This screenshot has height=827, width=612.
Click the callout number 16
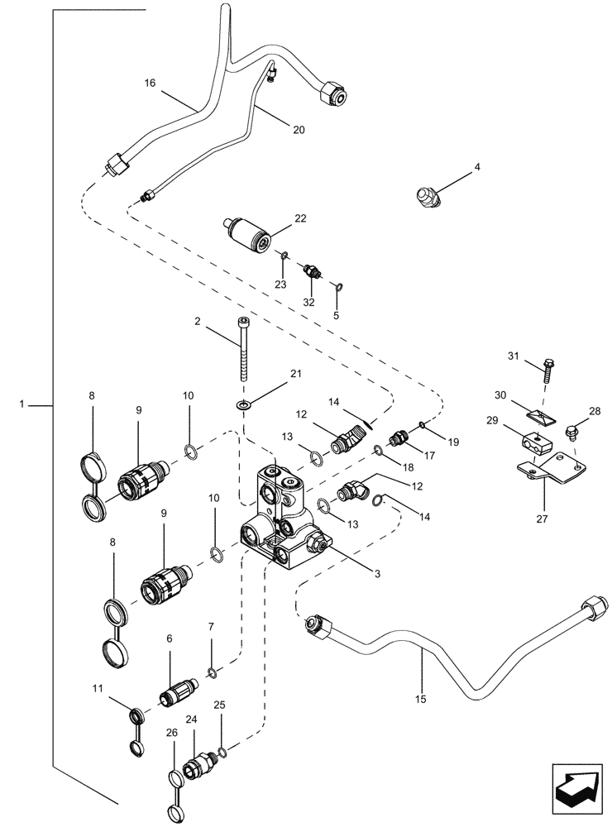pos(150,84)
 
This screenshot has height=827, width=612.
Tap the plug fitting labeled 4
pos(426,198)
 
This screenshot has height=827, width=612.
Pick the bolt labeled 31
pos(547,366)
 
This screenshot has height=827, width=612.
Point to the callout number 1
pos(22,404)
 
